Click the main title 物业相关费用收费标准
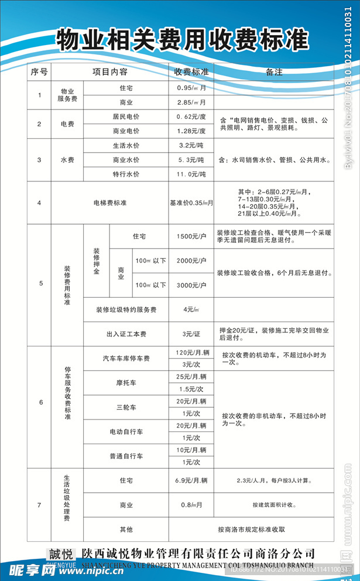(x=182, y=40)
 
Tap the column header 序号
(x=39, y=73)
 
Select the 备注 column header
(x=274, y=73)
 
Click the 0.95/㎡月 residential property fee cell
(x=191, y=88)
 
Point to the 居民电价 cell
(x=126, y=116)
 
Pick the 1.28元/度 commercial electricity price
(x=191, y=131)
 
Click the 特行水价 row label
(x=126, y=174)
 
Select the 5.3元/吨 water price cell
(x=191, y=160)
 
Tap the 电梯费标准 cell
(x=110, y=203)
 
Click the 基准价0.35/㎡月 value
(x=191, y=203)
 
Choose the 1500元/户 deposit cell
(x=191, y=236)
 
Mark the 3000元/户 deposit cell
(x=191, y=285)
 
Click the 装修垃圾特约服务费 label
(x=126, y=310)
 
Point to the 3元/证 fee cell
(x=191, y=334)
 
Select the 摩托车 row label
(x=126, y=383)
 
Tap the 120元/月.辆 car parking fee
(x=191, y=353)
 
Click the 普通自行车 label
(x=126, y=455)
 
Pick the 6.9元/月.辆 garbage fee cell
(x=191, y=480)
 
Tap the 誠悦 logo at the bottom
(x=61, y=554)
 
